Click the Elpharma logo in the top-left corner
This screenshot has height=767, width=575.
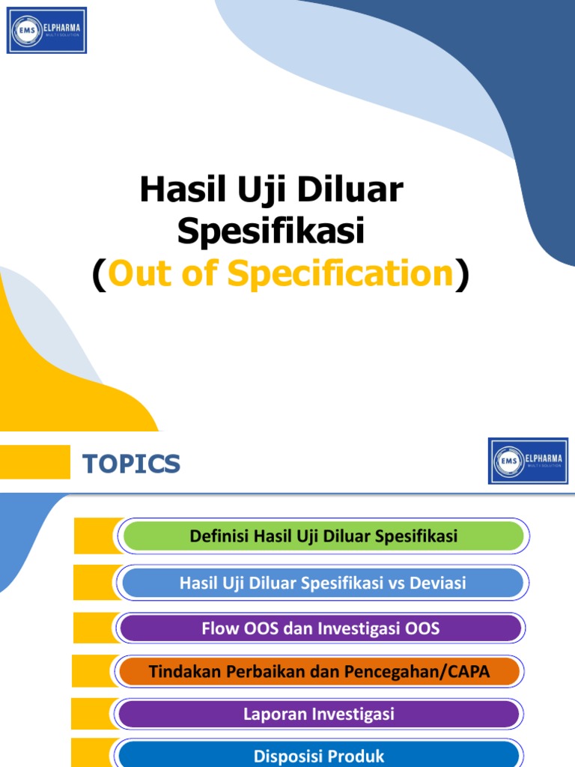coord(46,30)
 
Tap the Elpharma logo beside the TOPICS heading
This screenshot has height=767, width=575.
coord(528,461)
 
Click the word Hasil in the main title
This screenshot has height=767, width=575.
coord(176,192)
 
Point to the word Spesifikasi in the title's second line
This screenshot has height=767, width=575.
coord(270,232)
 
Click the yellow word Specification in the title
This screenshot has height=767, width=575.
coord(341,274)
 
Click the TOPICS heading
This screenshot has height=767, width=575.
coord(131,464)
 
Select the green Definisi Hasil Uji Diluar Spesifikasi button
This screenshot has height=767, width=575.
coord(323,536)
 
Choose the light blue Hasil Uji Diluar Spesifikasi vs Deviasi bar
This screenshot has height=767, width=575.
coord(323,583)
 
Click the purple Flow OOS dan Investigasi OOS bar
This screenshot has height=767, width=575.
coord(320,628)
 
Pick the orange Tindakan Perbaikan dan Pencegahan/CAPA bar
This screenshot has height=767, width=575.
coord(319,671)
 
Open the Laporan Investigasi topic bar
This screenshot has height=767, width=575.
coord(319,714)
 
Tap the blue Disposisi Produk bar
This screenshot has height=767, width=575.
coord(319,755)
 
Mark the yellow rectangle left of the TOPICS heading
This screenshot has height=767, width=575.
coord(34,461)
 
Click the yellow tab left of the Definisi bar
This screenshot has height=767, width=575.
coord(96,536)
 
